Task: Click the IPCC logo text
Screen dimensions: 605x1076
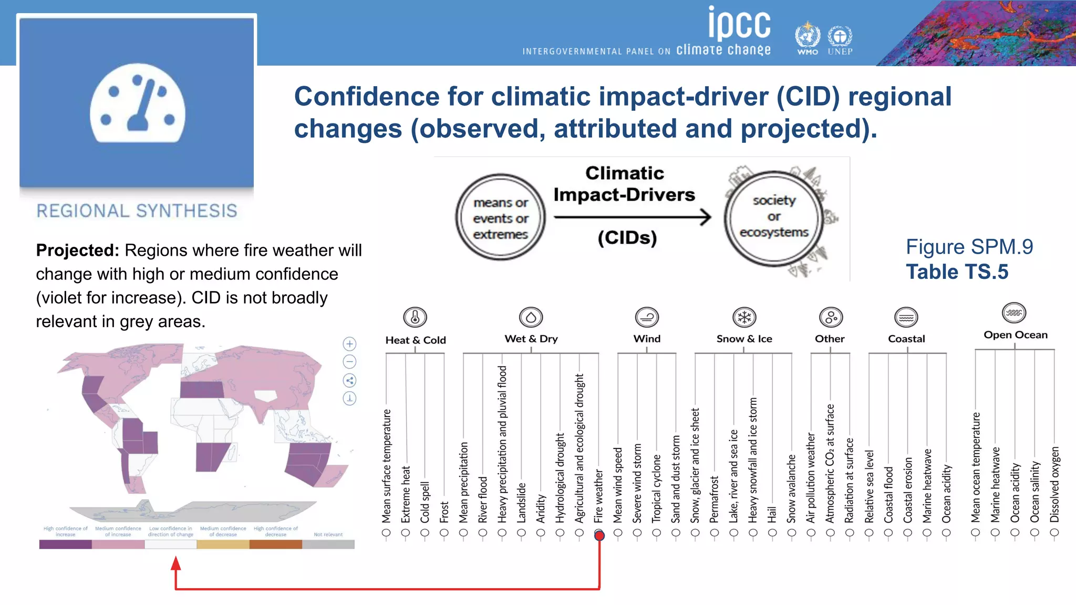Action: click(x=739, y=24)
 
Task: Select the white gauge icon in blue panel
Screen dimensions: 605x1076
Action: click(x=137, y=103)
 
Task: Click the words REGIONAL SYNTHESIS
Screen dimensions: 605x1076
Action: click(x=137, y=211)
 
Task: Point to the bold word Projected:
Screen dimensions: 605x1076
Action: click(x=78, y=250)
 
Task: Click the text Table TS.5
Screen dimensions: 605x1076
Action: click(x=957, y=272)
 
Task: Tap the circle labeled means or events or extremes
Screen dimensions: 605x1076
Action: click(x=500, y=218)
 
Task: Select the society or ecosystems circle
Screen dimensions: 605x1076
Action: click(x=773, y=216)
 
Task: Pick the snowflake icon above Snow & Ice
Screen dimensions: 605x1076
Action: click(x=744, y=317)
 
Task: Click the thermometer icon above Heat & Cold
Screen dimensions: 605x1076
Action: click(x=415, y=317)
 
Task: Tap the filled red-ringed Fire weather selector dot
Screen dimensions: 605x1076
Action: click(x=599, y=535)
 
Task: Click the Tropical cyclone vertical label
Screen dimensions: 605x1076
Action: click(x=657, y=488)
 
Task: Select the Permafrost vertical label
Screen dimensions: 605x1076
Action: click(x=714, y=499)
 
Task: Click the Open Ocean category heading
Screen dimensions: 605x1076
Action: click(x=1015, y=335)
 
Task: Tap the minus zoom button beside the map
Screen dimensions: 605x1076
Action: click(x=349, y=362)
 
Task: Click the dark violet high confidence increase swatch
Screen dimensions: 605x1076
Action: click(x=65, y=545)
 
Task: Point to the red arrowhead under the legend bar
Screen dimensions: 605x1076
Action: click(x=176, y=564)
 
